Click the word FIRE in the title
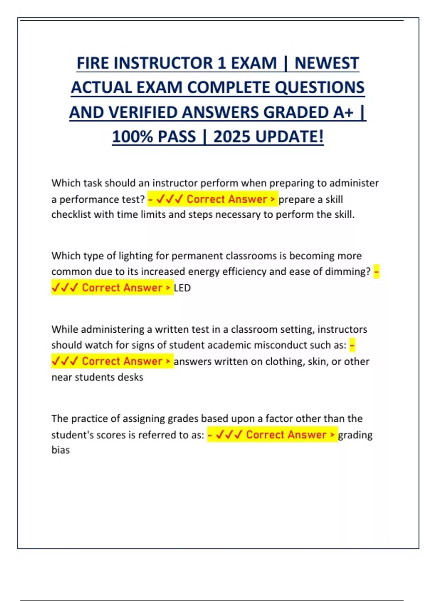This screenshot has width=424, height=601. click(93, 63)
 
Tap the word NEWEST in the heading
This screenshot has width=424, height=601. click(326, 63)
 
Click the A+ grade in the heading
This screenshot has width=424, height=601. click(343, 112)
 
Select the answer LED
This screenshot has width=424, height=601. click(182, 288)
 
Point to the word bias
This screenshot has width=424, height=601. click(60, 450)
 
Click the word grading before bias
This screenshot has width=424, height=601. click(355, 435)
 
